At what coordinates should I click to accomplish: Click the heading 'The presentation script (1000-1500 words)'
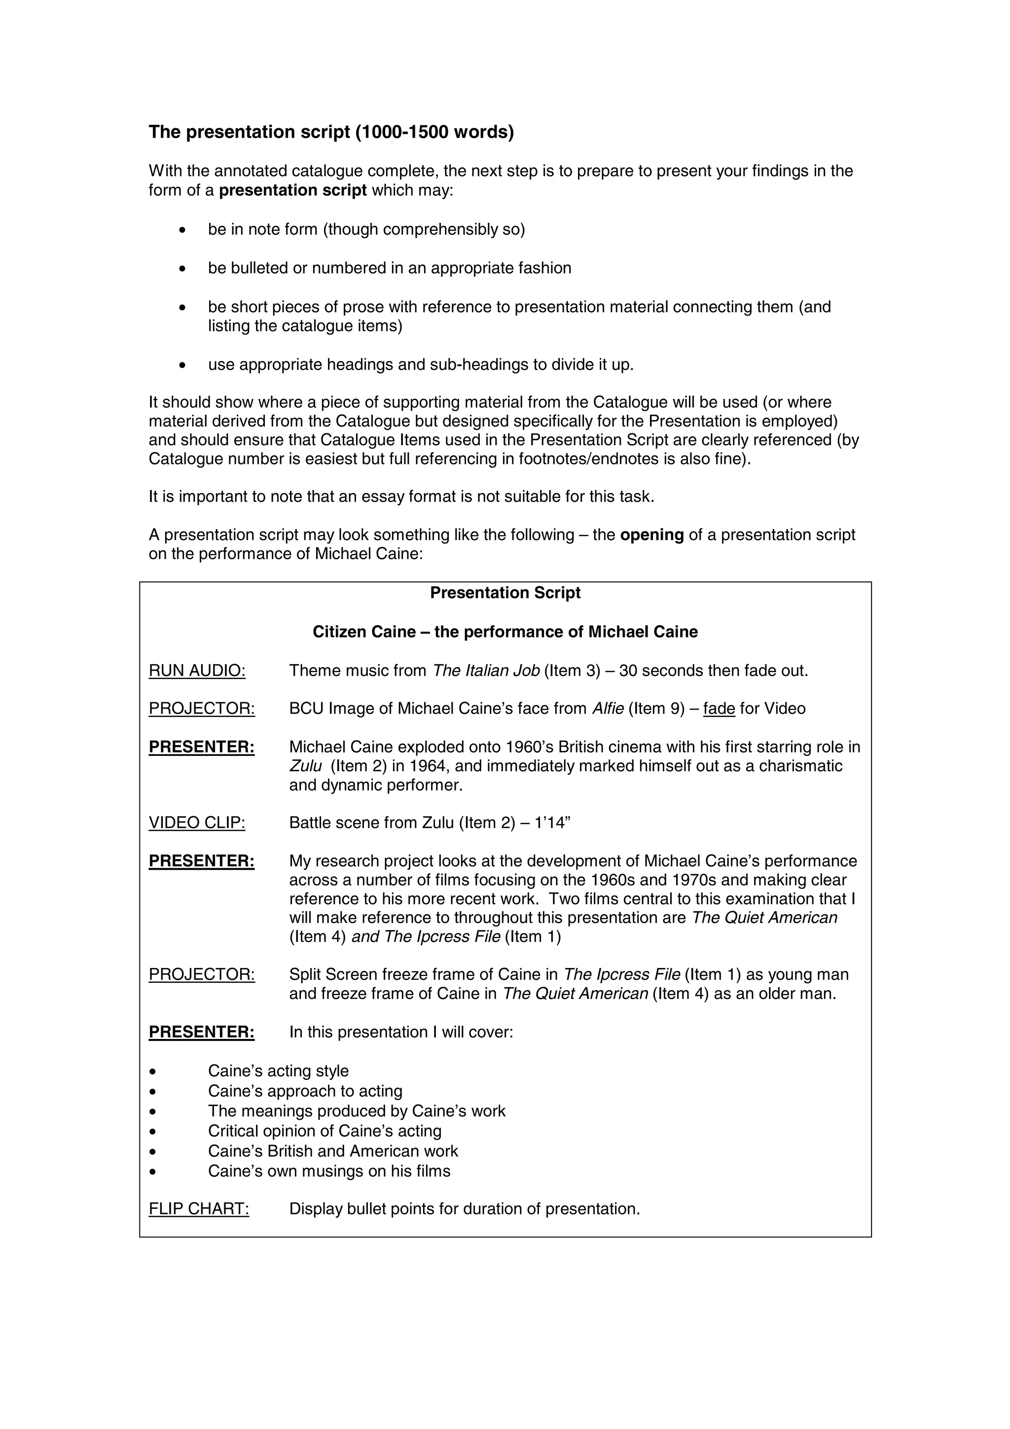tap(331, 132)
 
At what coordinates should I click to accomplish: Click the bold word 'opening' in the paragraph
tap(651, 535)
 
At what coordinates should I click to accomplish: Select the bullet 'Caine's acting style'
tap(278, 1071)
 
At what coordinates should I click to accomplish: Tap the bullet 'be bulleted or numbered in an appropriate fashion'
tap(390, 268)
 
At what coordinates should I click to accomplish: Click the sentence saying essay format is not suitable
tap(401, 496)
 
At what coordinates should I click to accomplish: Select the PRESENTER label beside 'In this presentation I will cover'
tap(202, 1032)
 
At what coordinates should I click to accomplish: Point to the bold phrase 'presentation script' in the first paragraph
tap(292, 190)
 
